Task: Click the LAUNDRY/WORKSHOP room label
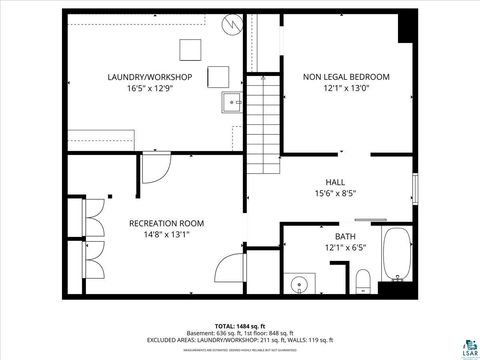(145, 77)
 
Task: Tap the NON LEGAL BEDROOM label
(346, 77)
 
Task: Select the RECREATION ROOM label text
(166, 223)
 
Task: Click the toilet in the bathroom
(365, 284)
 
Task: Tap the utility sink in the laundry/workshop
(233, 101)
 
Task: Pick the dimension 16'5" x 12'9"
(145, 89)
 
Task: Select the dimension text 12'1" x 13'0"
(346, 89)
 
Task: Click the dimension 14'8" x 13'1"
(166, 235)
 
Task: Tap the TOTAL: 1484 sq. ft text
(240, 326)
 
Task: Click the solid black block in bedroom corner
(407, 26)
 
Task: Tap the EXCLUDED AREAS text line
(240, 340)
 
